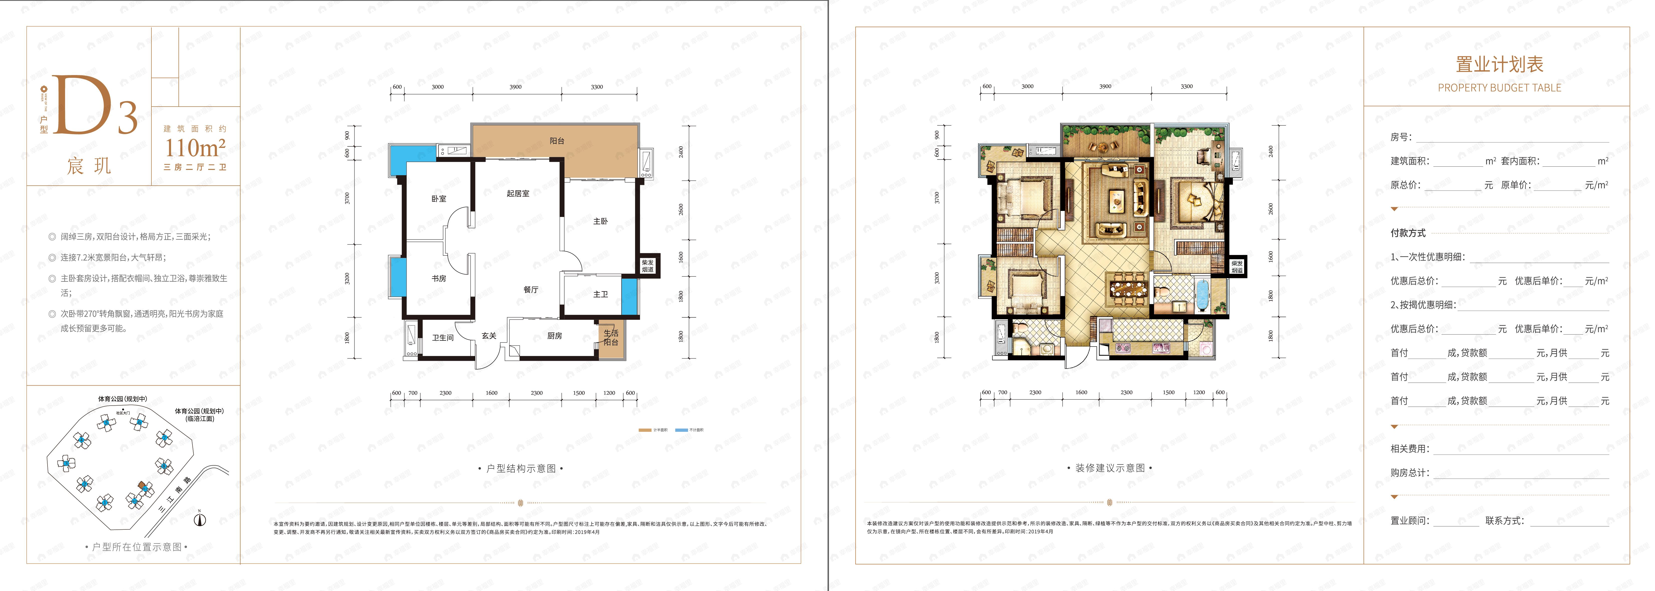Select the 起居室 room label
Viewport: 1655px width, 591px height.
(518, 193)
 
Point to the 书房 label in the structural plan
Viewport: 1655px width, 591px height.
(439, 278)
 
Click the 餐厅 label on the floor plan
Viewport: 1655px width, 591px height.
(531, 290)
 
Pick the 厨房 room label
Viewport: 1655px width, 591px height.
(555, 335)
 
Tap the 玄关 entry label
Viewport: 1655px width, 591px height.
(489, 335)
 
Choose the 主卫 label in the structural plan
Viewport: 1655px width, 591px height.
(600, 294)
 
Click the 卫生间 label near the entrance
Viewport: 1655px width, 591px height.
(443, 337)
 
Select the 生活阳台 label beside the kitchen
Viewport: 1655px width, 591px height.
(610, 337)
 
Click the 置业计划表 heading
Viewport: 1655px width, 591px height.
(1499, 64)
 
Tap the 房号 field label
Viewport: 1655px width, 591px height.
(1401, 137)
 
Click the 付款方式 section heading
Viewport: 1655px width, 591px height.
(1408, 232)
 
